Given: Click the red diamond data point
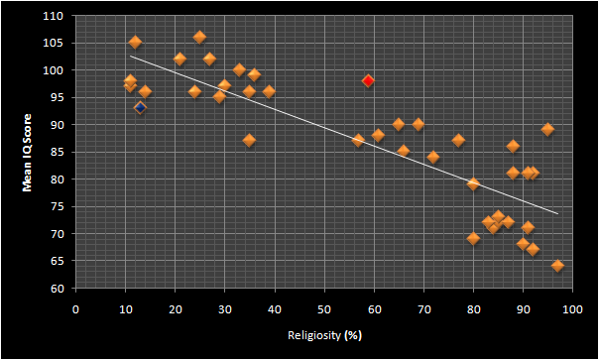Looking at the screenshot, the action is point(368,80).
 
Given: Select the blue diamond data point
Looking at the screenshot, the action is point(140,108).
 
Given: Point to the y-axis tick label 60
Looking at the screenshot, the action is point(59,289).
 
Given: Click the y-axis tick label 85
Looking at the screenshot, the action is point(59,152).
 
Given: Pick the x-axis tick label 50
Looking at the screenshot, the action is point(324,309).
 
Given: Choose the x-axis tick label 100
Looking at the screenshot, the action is point(572,309).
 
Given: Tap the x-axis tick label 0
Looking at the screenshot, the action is point(75,309).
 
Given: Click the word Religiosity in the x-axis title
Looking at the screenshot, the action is point(314,335).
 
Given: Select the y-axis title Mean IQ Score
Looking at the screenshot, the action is point(27,152).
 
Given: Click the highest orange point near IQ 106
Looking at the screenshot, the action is point(199,37).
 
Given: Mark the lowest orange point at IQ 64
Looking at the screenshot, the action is point(557,266).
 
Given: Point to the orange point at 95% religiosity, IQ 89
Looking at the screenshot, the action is point(547,130).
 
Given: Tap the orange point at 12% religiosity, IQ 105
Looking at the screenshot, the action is point(135,43).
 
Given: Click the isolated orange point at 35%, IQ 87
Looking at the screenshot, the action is point(250,141).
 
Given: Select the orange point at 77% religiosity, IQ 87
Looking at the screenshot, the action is point(458,141).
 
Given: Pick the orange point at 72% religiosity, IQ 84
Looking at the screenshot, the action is point(433,157).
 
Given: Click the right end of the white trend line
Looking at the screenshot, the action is point(558,213).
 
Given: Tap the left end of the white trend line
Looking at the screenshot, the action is point(130,57).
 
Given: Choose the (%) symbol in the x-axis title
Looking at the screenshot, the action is point(353,336).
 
